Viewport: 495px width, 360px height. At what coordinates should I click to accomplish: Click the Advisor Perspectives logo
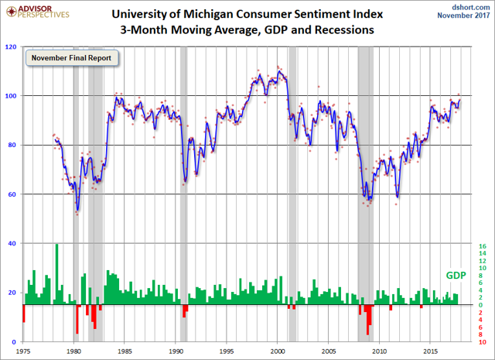coord(36,11)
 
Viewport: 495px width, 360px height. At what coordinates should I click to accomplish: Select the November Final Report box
coord(68,57)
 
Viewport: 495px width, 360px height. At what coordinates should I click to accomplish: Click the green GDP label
coord(455,276)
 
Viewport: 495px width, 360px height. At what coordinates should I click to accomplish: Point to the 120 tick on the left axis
coord(12,46)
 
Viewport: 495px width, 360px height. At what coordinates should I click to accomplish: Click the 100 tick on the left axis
coord(12,96)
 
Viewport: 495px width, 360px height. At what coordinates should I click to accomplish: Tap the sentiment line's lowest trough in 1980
coord(77,209)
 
